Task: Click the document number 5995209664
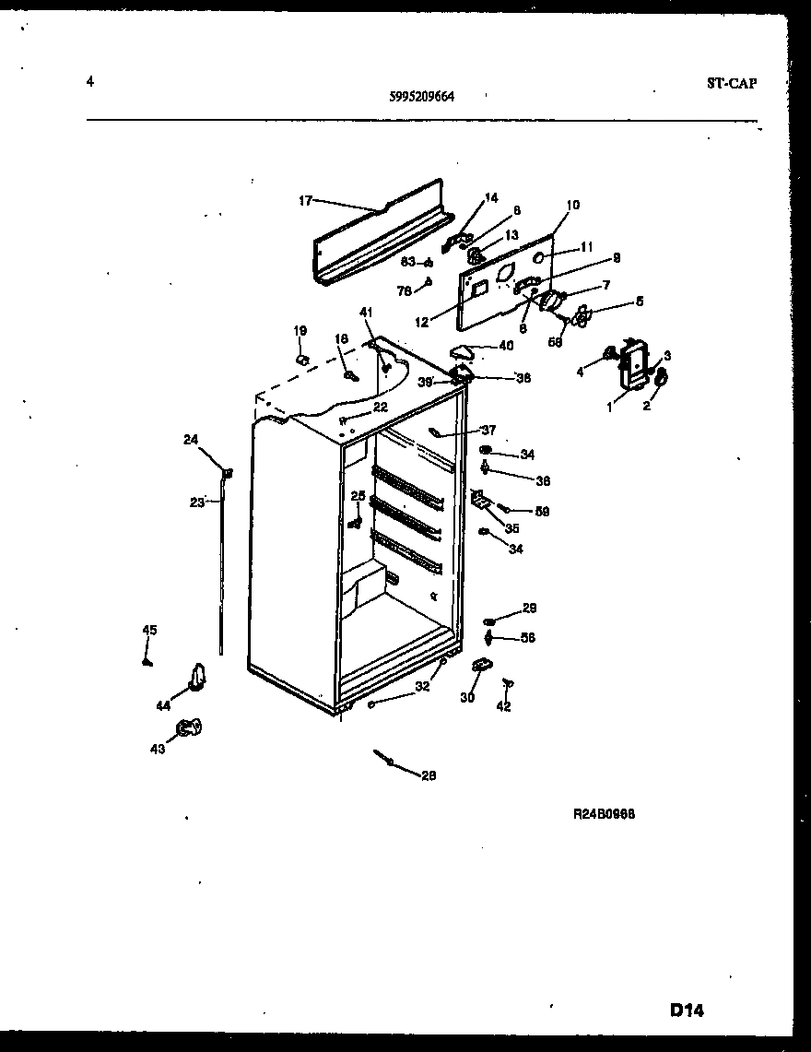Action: click(x=422, y=94)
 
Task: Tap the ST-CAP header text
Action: click(x=732, y=83)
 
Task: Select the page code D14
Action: click(x=687, y=1011)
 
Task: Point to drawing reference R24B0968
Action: click(x=605, y=814)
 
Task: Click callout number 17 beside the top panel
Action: click(x=306, y=199)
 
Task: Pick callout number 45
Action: click(x=149, y=631)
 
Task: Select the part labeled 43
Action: click(x=190, y=728)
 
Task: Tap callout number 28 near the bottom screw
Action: click(x=428, y=775)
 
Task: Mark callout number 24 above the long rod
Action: click(x=191, y=440)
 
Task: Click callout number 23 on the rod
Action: click(x=196, y=502)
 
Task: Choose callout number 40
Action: click(x=506, y=346)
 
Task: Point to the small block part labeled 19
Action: click(x=301, y=356)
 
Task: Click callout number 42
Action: click(x=502, y=707)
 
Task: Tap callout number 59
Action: click(x=542, y=511)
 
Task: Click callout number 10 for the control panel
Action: click(x=572, y=205)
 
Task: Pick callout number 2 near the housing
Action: click(x=646, y=406)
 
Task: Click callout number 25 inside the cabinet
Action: click(x=358, y=496)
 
